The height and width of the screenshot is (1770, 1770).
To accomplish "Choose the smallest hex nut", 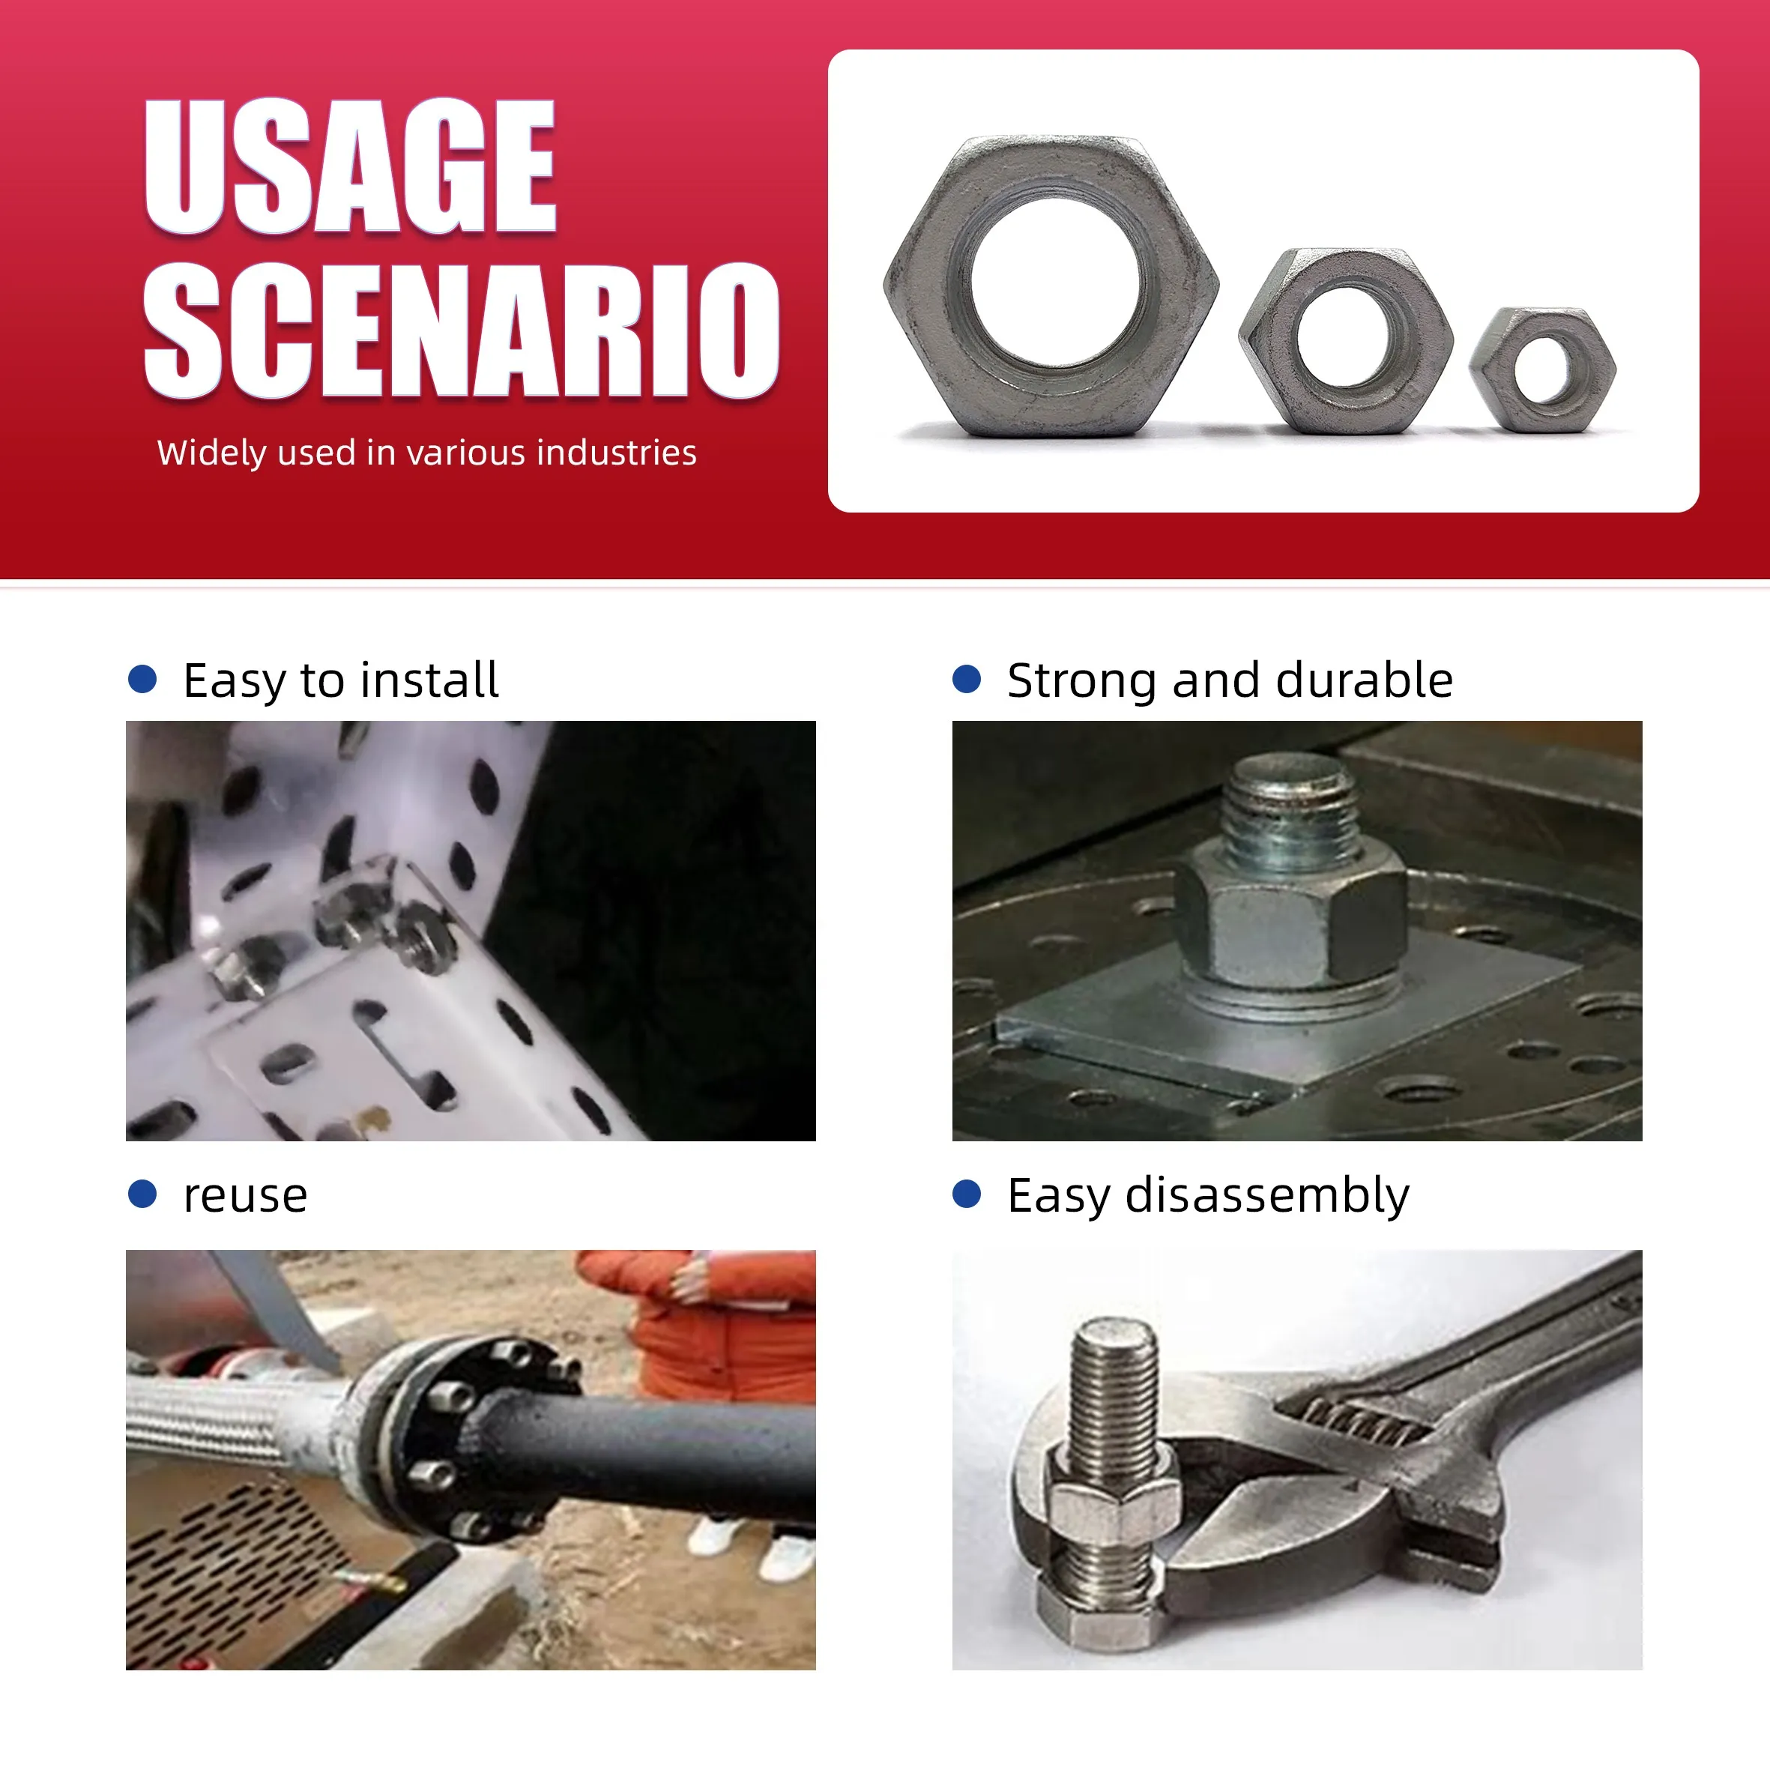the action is tap(1543, 369).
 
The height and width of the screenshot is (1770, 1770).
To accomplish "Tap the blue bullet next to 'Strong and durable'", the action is tap(967, 679).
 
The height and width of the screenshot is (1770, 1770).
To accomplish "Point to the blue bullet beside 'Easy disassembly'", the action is tap(967, 1194).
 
